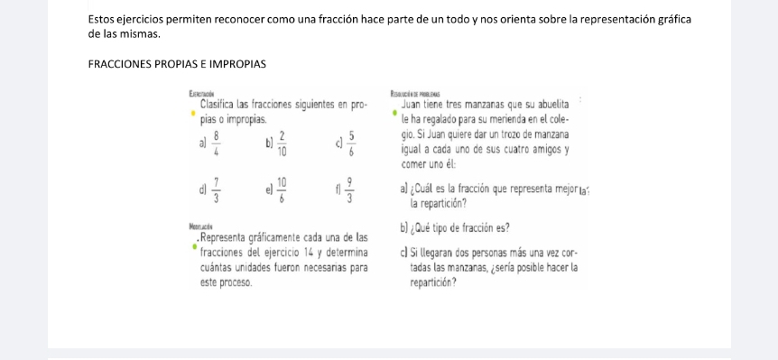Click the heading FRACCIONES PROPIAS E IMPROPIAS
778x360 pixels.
(177, 64)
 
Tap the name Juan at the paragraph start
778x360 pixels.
(412, 105)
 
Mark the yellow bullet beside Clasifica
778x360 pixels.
(192, 115)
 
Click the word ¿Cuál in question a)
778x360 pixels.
(430, 190)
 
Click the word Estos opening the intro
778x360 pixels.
(106, 19)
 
